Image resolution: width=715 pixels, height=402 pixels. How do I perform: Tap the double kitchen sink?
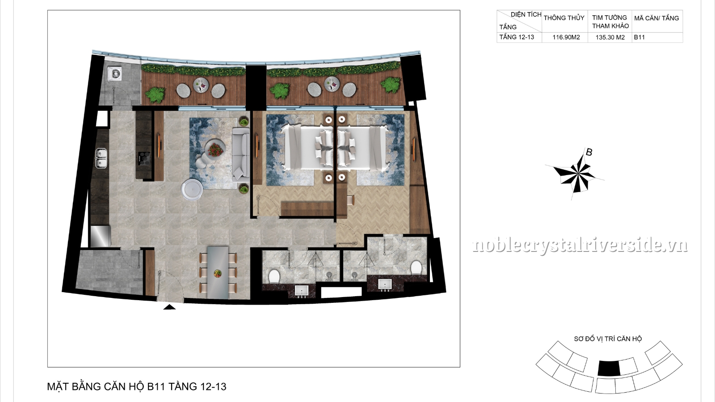102,159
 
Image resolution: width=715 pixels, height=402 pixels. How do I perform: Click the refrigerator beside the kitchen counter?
101,236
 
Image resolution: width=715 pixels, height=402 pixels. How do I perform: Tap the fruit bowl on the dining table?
218,273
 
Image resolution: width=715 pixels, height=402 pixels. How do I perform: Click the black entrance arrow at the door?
169,307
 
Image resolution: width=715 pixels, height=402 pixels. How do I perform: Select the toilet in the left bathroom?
274,275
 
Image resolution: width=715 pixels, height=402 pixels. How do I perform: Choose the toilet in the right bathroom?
416,268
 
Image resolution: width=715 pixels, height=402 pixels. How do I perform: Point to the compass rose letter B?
589,152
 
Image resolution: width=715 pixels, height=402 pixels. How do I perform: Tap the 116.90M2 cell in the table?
566,38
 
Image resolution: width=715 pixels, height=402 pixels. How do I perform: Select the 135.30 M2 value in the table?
610,38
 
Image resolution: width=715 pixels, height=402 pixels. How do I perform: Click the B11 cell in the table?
639,38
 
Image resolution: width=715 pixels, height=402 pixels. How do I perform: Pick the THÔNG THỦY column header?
564,18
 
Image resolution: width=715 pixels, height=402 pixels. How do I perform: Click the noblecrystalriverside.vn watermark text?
580,245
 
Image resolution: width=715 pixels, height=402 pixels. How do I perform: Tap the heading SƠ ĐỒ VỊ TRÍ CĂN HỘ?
608,339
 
